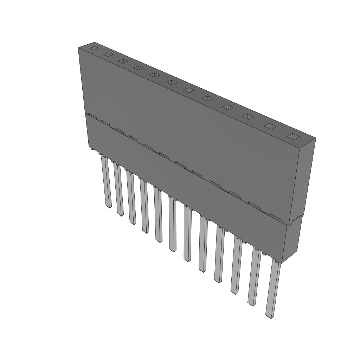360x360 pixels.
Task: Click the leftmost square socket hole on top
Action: tap(94, 48)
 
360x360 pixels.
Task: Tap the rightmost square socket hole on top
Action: tap(293, 136)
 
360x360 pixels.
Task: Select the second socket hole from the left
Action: tap(108, 54)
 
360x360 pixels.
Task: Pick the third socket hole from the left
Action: tap(123, 61)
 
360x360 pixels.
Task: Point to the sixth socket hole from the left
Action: tap(171, 82)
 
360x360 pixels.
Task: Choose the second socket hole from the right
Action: tap(270, 126)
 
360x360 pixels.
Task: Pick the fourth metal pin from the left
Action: tap(144, 206)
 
